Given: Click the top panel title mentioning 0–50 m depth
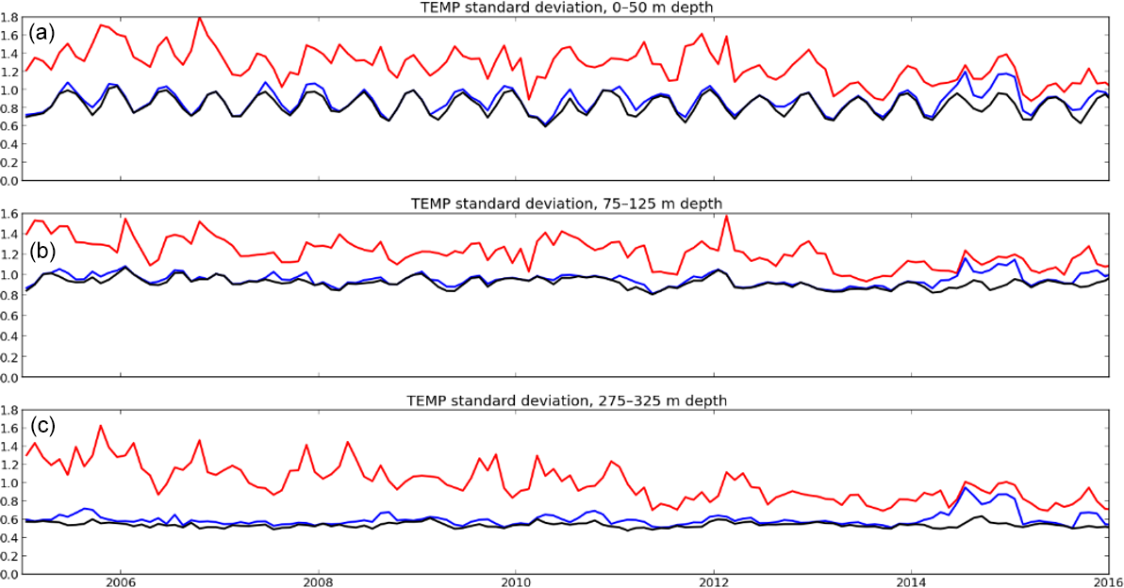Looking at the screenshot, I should click(x=566, y=8).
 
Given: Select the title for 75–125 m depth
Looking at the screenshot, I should click(x=566, y=204).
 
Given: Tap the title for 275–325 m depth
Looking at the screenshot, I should click(x=566, y=400).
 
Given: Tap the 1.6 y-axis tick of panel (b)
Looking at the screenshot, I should click(x=10, y=214).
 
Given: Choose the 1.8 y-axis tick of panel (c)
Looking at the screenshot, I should click(x=10, y=410).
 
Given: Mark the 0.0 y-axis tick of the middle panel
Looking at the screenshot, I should click(x=10, y=378).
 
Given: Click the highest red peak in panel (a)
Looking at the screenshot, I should click(x=199, y=17).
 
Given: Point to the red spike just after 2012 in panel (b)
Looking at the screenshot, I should click(x=727, y=217).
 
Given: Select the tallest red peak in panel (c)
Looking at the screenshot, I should click(x=100, y=426).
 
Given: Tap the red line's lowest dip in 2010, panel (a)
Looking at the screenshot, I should click(x=529, y=99).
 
